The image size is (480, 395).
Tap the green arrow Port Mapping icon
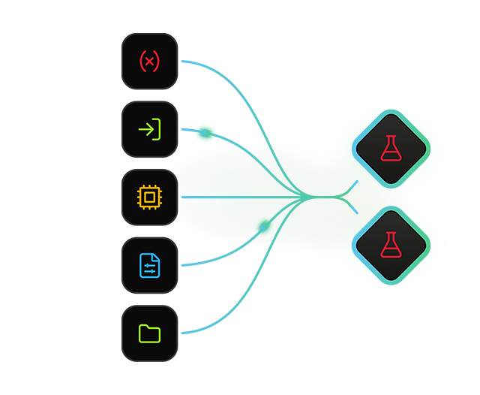[x=149, y=129]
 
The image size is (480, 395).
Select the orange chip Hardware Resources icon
[x=149, y=197]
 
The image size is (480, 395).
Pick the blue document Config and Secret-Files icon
[x=149, y=264]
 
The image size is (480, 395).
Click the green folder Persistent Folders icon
[x=149, y=332]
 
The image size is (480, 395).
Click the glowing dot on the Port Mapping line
[x=203, y=133]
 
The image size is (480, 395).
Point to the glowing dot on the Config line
[x=263, y=225]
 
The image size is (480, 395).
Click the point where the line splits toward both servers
[x=346, y=197]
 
